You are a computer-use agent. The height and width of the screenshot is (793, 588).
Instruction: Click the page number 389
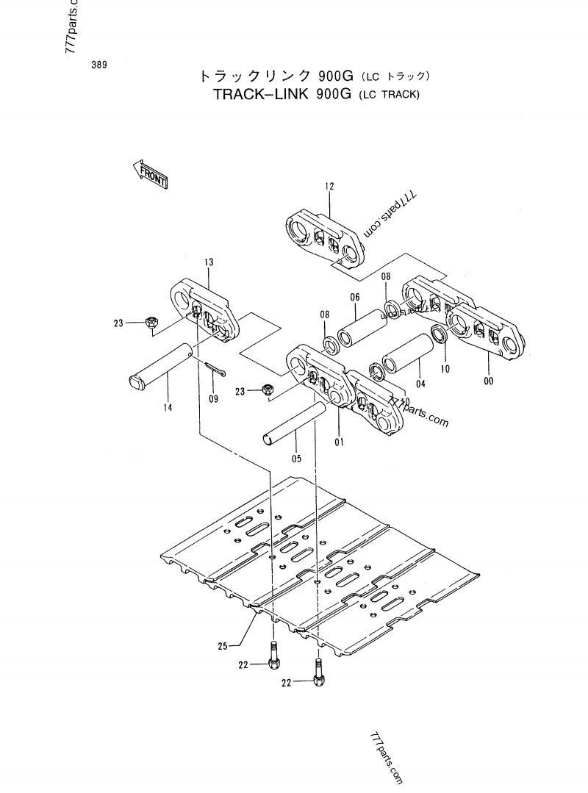(100, 65)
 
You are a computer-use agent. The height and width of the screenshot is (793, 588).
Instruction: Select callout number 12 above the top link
(329, 187)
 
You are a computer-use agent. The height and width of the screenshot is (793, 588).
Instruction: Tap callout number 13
(209, 262)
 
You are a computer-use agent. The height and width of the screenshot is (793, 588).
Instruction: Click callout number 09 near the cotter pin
(214, 399)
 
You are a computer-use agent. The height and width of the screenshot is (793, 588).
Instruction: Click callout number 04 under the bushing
(420, 383)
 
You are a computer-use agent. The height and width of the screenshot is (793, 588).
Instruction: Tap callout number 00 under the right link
(489, 381)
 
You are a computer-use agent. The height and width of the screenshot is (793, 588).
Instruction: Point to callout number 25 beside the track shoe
(223, 646)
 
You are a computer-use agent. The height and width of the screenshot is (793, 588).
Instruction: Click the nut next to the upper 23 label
(151, 321)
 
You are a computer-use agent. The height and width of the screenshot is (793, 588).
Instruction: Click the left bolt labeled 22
(274, 656)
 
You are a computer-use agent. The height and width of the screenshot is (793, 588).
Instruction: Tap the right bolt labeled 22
(318, 672)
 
